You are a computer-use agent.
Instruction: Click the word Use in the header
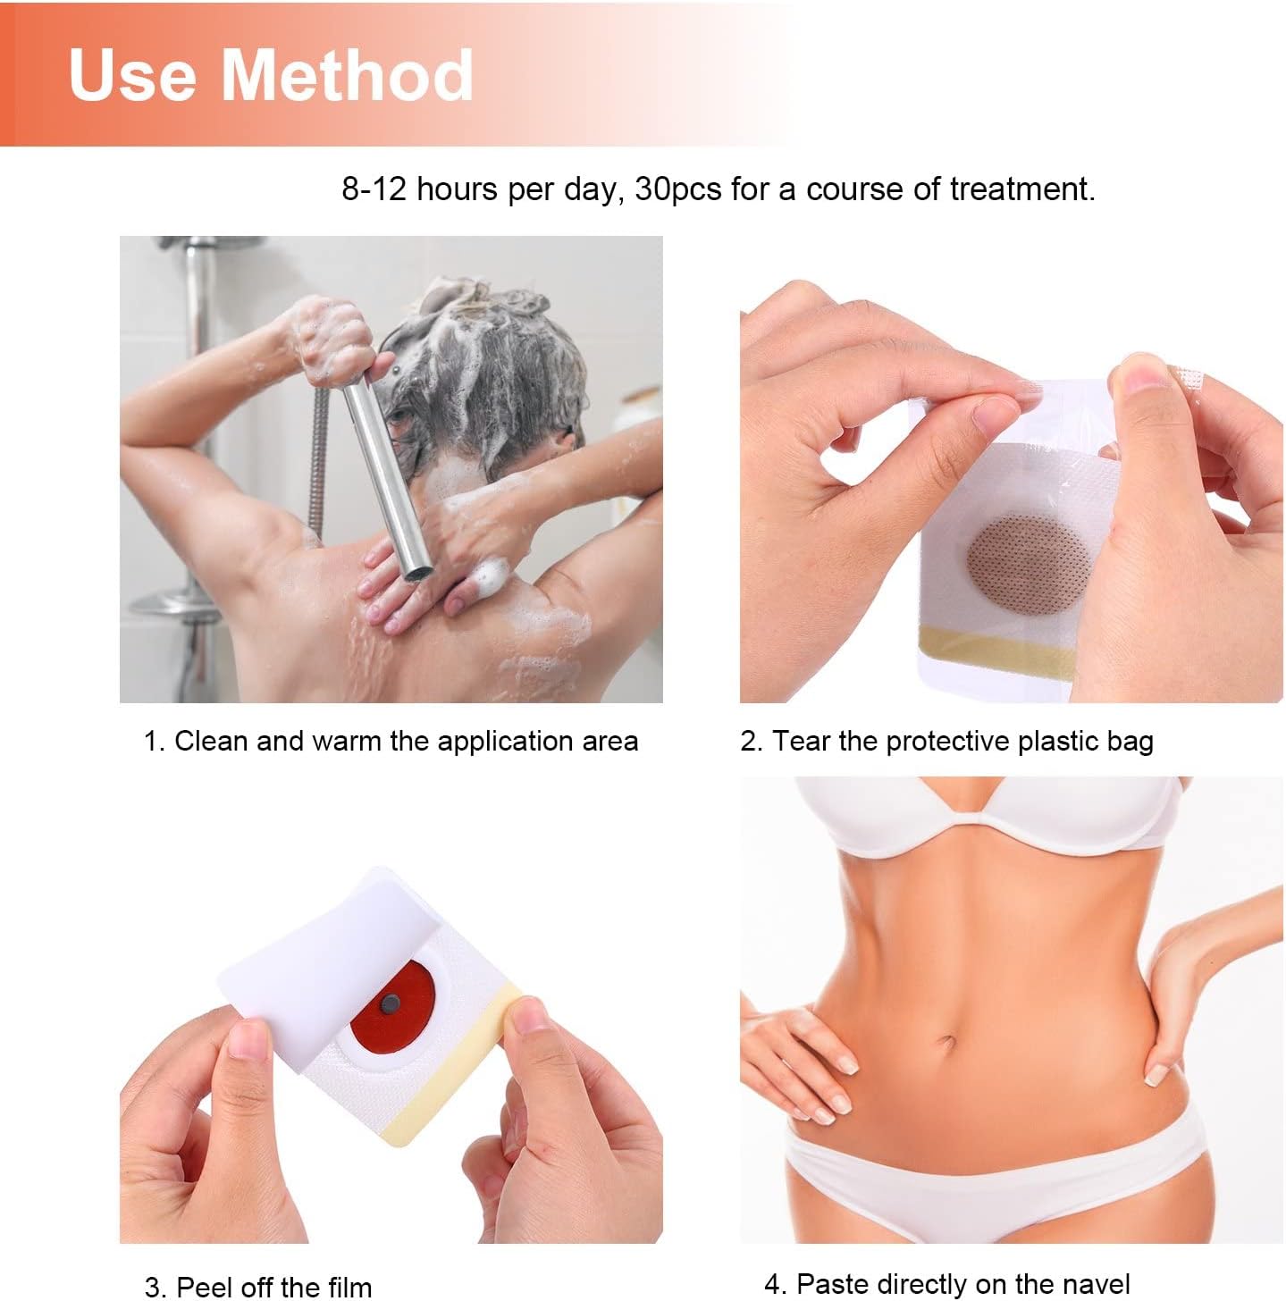point(133,75)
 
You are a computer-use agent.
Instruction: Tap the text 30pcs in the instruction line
point(677,189)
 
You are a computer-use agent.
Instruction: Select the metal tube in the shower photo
point(388,476)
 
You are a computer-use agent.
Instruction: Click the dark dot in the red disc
point(390,1005)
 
